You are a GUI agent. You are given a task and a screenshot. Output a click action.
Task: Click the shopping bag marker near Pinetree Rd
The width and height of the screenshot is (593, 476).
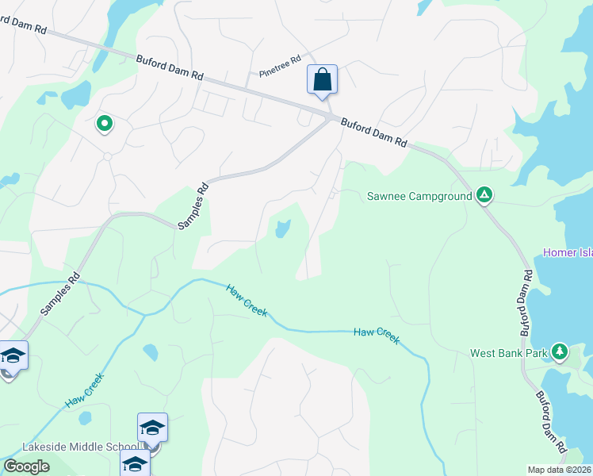(x=322, y=80)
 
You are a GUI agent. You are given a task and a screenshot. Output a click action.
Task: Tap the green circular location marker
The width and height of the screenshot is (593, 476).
(x=104, y=124)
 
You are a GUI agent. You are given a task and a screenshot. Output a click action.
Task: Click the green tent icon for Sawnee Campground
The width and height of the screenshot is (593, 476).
(x=484, y=195)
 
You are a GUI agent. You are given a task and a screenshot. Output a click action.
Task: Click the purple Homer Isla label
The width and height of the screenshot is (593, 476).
(x=568, y=252)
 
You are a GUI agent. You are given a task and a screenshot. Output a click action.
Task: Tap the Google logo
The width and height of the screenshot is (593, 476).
(x=27, y=466)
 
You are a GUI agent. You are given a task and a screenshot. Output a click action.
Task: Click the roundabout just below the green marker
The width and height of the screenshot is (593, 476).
(x=106, y=156)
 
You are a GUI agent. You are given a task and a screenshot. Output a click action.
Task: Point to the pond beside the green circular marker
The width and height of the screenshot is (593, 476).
(x=76, y=96)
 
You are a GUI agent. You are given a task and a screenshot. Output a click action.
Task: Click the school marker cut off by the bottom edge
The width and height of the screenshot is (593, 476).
(x=136, y=463)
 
